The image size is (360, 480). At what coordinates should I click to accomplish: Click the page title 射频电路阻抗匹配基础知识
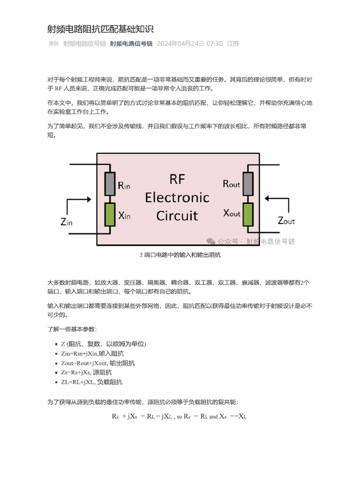click(100, 30)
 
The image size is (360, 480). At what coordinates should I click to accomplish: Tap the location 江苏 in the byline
click(233, 44)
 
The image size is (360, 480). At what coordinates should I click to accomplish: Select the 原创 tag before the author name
click(53, 44)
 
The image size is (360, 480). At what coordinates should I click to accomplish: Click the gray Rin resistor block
click(110, 184)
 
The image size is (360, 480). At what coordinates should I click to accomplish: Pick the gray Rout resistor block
click(248, 183)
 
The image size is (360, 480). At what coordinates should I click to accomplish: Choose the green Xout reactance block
click(248, 214)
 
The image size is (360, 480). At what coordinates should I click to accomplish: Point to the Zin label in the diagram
click(67, 222)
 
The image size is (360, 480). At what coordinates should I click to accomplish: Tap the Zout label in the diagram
click(286, 220)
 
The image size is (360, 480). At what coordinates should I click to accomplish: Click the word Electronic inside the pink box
click(177, 197)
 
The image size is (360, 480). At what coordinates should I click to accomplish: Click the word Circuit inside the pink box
click(177, 216)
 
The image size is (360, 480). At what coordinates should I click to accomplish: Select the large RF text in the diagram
click(177, 179)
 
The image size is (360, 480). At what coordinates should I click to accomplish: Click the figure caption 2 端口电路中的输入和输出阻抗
click(180, 255)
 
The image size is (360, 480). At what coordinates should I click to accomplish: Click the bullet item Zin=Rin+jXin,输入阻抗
click(92, 353)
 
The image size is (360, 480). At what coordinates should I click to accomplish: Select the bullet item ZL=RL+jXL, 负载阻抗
click(91, 382)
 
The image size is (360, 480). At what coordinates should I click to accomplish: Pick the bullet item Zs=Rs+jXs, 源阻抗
click(86, 373)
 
